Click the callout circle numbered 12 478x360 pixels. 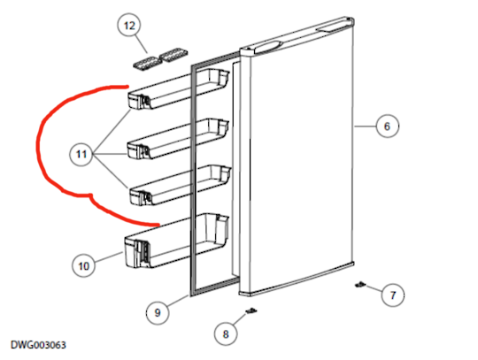tap(130, 27)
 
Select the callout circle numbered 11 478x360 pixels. tap(82, 155)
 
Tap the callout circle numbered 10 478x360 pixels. tap(84, 264)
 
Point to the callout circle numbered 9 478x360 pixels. tap(156, 311)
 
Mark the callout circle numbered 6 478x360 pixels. tap(386, 126)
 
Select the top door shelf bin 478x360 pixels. tap(177, 95)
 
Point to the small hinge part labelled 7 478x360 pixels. tap(361, 285)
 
